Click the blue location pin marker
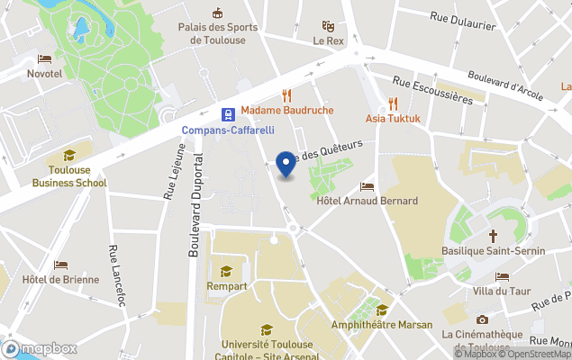pyautogui.click(x=286, y=165)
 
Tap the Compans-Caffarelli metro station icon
pyautogui.click(x=230, y=114)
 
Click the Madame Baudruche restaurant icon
pyautogui.click(x=286, y=94)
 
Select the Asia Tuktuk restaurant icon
pyautogui.click(x=393, y=103)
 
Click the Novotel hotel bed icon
pyautogui.click(x=44, y=58)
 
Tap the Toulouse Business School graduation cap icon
pyautogui.click(x=69, y=156)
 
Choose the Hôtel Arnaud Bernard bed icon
pyautogui.click(x=367, y=186)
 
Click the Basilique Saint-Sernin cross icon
pyautogui.click(x=493, y=236)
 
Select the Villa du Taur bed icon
pyautogui.click(x=502, y=276)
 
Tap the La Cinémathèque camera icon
pyautogui.click(x=482, y=319)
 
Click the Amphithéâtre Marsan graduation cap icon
pyautogui.click(x=382, y=310)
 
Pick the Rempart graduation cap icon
pyautogui.click(x=226, y=271)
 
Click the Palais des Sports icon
pyautogui.click(x=217, y=13)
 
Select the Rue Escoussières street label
pyautogui.click(x=433, y=92)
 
